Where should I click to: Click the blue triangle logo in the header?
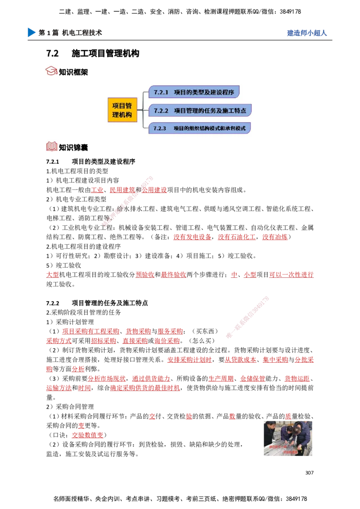pyautogui.click(x=31, y=32)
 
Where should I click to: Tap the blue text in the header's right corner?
pyautogui.click(x=306, y=33)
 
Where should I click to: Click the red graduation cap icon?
pyautogui.click(x=52, y=71)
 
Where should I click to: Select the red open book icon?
pyautogui.click(x=52, y=146)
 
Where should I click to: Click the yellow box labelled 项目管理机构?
pyautogui.click(x=122, y=110)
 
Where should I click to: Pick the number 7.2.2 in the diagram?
pyautogui.click(x=161, y=110)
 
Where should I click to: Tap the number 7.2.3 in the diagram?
pyautogui.click(x=160, y=128)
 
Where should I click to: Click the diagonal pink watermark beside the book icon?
pyautogui.click(x=127, y=202)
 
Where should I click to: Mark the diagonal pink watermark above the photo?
pyautogui.click(x=247, y=317)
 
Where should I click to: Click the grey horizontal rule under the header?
pyautogui.click(x=180, y=42)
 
